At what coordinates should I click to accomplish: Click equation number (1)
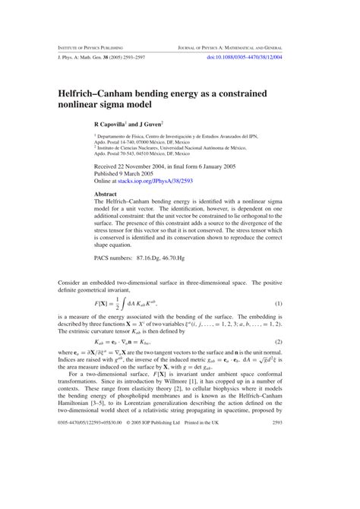pyautogui.click(x=299, y=305)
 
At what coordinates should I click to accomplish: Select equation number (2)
pyautogui.click(x=299, y=343)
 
